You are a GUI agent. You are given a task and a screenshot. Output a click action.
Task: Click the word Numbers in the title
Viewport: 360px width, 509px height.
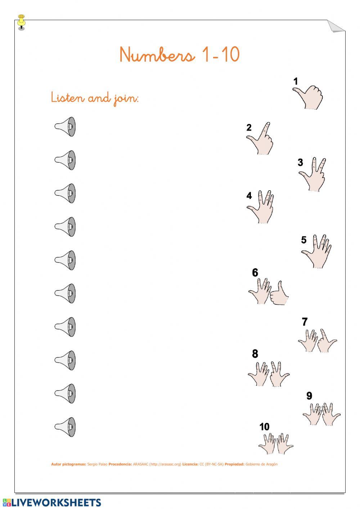[157, 55]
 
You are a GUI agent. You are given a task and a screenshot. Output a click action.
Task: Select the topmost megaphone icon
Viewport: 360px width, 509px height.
[66, 126]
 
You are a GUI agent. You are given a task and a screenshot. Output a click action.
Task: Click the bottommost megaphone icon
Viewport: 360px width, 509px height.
[66, 427]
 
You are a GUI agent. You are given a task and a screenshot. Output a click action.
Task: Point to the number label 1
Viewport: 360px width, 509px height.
[296, 81]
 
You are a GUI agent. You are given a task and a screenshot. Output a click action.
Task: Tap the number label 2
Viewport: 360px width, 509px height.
[249, 128]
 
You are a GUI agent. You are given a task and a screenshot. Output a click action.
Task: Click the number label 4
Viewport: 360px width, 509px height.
[249, 196]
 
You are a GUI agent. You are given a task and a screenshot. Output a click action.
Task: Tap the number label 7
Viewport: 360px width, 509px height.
[305, 322]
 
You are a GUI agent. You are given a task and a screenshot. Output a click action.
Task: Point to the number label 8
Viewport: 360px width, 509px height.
[255, 354]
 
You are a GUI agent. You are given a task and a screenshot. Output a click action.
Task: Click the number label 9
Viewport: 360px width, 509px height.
[309, 396]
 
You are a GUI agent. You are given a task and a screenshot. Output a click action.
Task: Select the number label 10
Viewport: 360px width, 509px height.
[264, 427]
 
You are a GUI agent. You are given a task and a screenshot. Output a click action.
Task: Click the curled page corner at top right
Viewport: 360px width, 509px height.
[335, 26]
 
